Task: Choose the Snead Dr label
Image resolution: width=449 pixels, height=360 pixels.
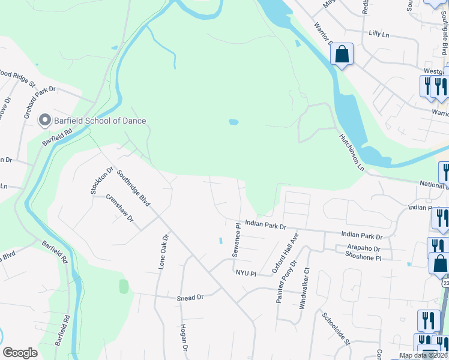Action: click(191, 297)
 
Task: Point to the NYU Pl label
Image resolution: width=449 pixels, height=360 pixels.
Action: click(246, 273)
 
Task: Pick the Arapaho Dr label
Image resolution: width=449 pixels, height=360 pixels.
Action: click(364, 248)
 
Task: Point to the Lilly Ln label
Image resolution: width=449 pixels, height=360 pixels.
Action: click(379, 35)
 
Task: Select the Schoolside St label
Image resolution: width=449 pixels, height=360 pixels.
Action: click(336, 329)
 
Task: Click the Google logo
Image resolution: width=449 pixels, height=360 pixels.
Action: click(20, 352)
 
